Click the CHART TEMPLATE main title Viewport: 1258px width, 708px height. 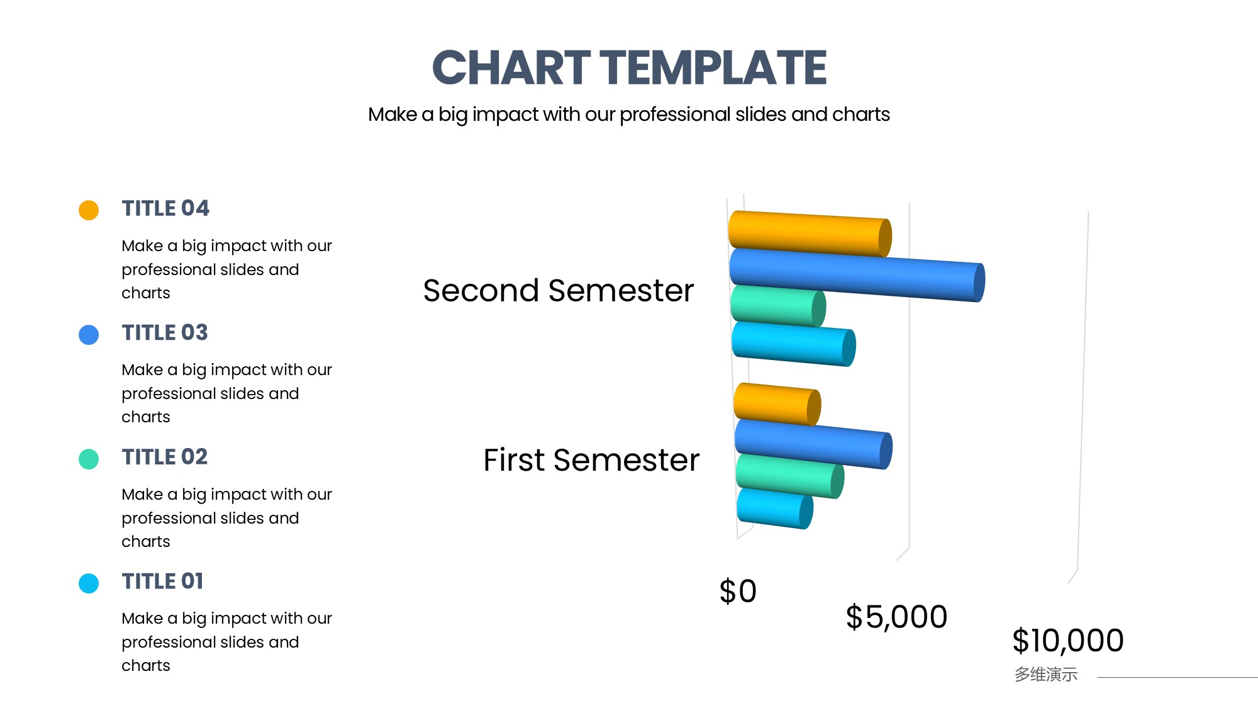pos(629,67)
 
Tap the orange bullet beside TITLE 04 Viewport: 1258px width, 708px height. pos(89,210)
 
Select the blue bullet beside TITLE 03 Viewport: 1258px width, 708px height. pos(89,335)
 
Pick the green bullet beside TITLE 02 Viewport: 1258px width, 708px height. pos(89,459)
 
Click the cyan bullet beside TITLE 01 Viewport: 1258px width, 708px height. pos(89,583)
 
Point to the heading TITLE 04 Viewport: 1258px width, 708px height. pos(165,208)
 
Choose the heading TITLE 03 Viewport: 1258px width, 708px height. pos(165,332)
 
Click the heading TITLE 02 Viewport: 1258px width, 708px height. pos(165,457)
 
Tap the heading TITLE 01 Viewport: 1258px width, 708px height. pos(163,581)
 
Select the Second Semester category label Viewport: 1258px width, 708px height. pos(559,290)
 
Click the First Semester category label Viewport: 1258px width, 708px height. pos(591,459)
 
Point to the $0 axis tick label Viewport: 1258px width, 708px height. pos(738,591)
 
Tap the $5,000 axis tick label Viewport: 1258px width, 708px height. pos(896,617)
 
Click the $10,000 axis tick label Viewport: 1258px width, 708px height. pos(1068,641)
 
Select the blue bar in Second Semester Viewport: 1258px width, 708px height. pos(857,275)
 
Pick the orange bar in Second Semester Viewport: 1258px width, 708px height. pos(810,234)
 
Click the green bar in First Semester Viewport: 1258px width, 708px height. pos(789,476)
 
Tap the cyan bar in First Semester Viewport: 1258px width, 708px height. pos(775,509)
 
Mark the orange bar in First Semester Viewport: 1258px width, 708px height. pos(777,405)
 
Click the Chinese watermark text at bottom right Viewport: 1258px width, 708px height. pos(1046,675)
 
